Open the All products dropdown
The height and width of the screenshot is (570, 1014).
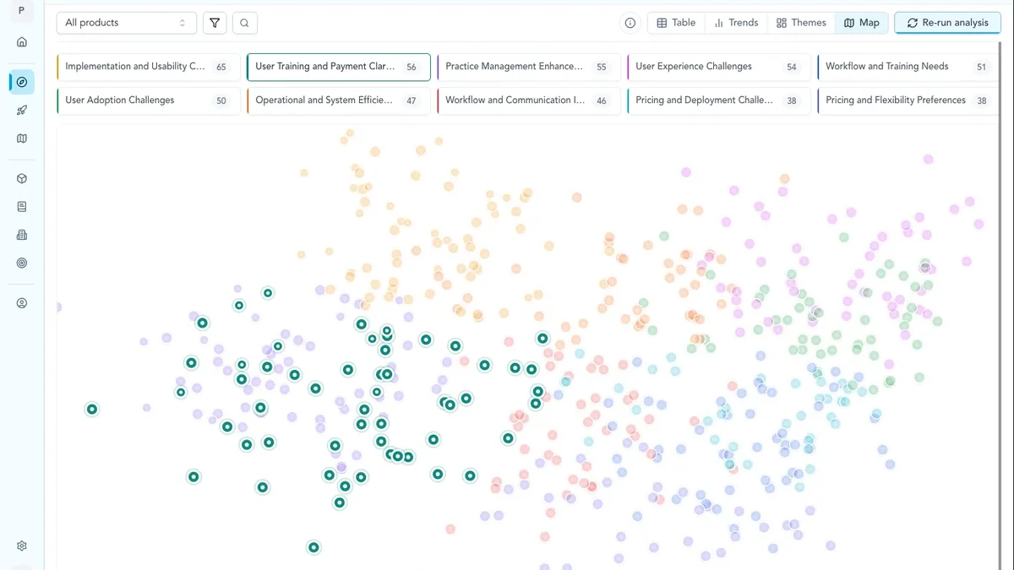126,23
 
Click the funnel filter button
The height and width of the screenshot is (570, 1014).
215,23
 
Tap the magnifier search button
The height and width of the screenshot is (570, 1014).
244,23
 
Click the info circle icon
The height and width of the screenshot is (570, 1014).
630,23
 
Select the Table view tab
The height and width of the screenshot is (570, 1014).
676,23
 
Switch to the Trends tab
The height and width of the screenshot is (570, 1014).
736,23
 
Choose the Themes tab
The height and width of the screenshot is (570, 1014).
801,23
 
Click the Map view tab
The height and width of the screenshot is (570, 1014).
861,23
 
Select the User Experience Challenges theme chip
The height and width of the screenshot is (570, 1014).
719,67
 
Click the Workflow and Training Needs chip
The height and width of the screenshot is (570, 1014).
908,67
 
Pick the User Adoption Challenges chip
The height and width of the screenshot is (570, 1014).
149,100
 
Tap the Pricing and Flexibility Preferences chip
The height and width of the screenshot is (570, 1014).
908,100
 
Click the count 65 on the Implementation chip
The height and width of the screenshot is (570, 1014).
221,67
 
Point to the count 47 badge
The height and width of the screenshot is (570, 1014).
411,100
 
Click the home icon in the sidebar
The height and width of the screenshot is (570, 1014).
22,42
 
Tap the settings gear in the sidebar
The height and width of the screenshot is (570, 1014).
22,546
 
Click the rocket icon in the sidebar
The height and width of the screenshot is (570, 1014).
22,111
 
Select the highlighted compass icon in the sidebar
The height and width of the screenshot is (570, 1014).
22,82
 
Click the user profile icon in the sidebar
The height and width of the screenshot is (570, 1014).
22,303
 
